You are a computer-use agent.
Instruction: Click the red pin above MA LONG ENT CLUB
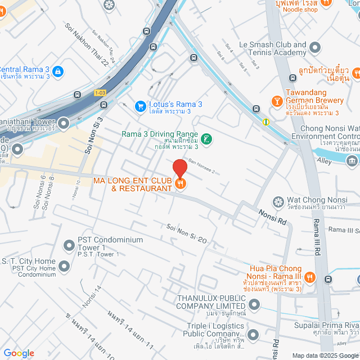(179, 168)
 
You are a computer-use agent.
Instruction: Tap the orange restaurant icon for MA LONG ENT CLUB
(181, 183)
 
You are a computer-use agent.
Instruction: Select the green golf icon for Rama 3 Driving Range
(207, 138)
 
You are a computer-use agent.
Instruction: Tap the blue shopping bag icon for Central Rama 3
(58, 71)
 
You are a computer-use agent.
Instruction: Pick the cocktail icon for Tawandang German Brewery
(277, 101)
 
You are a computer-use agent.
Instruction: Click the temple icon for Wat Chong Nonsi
(278, 201)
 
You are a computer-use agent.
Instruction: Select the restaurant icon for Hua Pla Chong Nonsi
(309, 277)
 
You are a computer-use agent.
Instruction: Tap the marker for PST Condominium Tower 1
(69, 246)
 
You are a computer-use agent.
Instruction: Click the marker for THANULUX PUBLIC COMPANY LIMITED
(254, 305)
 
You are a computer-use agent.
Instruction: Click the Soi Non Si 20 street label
(187, 233)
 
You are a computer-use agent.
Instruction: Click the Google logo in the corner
(19, 353)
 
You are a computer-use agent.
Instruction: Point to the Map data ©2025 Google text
(323, 355)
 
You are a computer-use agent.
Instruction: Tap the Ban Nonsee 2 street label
(201, 166)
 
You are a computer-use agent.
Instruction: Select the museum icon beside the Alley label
(352, 161)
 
